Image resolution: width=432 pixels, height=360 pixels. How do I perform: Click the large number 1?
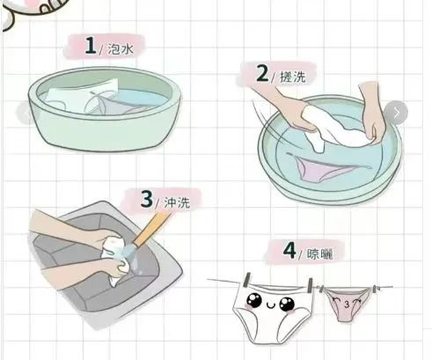coord(91,46)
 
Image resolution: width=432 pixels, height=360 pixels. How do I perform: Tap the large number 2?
coord(262,73)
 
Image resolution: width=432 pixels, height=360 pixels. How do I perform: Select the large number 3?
coord(147,199)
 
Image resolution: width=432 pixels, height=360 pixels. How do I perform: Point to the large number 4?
coord(289,251)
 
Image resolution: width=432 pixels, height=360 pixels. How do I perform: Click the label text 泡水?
coord(121,48)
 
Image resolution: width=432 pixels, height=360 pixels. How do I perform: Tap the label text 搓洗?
coord(293,77)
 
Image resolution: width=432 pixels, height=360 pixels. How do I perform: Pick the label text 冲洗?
coord(177,202)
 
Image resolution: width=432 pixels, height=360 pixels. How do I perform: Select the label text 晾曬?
coord(319,254)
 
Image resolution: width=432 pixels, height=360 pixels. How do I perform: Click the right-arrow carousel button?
coord(396,113)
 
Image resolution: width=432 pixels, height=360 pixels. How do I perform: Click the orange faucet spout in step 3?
coord(150,231)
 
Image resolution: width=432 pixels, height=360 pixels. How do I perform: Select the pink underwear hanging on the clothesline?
coord(348,305)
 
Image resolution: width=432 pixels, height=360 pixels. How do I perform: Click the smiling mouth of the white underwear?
coord(270,306)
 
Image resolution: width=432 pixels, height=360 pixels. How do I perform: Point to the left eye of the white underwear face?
coord(254,300)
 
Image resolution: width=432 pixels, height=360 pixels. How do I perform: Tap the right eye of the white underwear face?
coord(287,304)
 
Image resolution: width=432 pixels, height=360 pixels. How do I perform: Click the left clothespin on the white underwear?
coord(247,281)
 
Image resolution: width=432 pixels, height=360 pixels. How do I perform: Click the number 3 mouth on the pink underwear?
coord(347,305)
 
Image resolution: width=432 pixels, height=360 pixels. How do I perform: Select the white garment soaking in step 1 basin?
coord(83,96)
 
